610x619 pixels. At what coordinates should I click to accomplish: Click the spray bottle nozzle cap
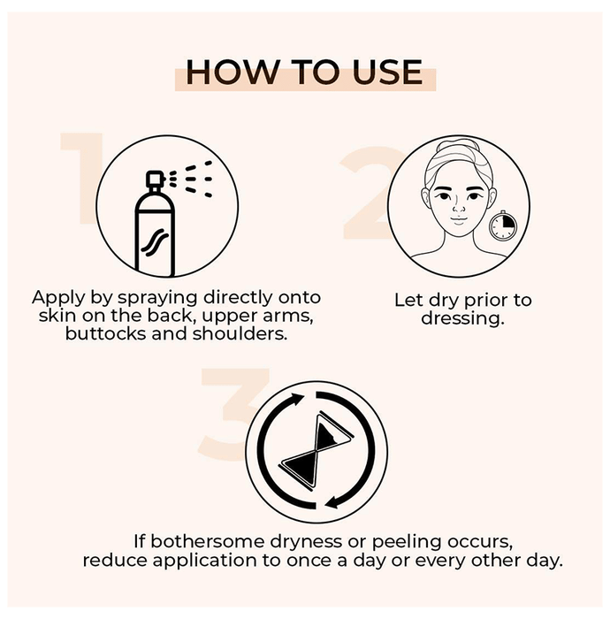(x=155, y=180)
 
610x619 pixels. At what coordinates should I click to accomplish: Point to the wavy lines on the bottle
(x=155, y=241)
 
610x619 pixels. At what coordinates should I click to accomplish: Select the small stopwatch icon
(x=502, y=225)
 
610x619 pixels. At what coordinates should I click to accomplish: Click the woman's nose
(x=458, y=207)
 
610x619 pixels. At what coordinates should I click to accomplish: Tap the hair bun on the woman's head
(x=458, y=147)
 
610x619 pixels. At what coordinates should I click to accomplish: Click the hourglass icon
(x=316, y=449)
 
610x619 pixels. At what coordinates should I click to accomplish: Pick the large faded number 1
(x=81, y=179)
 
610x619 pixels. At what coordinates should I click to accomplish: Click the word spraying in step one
(x=158, y=298)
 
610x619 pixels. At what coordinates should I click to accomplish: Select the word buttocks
(x=106, y=333)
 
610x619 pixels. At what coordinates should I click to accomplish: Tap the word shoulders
(x=240, y=333)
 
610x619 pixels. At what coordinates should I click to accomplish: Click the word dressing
(x=463, y=318)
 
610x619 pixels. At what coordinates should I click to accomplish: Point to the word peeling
(x=406, y=542)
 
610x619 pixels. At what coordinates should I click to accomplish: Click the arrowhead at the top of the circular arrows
(x=297, y=399)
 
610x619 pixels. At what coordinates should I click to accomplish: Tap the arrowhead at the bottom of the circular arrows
(x=334, y=502)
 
